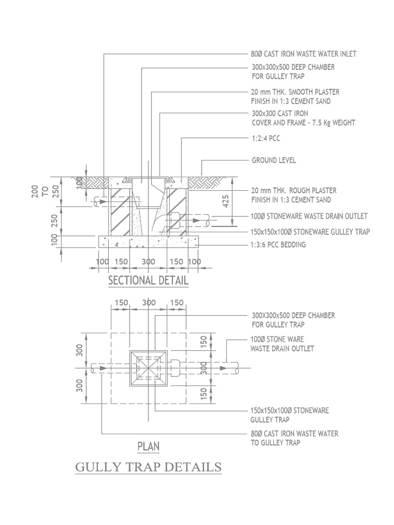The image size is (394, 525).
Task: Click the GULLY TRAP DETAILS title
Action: point(148,468)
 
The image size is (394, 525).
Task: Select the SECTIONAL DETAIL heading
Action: point(148,281)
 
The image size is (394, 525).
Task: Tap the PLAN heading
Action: point(148,447)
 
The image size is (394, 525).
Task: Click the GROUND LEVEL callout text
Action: point(273,160)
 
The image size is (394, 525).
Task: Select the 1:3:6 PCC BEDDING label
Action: point(279,245)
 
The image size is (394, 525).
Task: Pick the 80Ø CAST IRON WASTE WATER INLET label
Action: point(304,53)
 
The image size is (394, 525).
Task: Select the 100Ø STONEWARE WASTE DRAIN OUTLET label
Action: point(309,216)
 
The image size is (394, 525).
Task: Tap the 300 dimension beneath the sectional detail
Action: point(148,262)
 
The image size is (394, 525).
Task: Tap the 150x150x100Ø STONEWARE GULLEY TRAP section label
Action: point(310,232)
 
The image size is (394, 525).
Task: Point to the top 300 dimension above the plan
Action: point(149,303)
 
